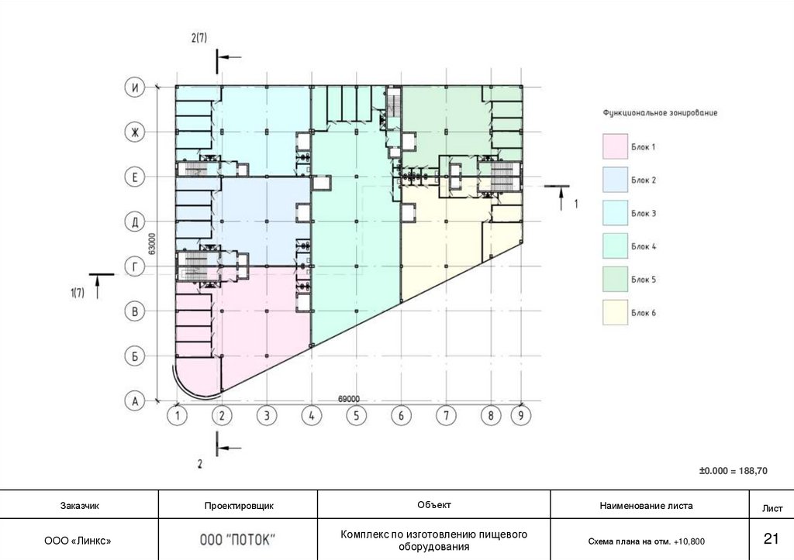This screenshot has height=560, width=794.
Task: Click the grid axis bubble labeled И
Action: (135, 88)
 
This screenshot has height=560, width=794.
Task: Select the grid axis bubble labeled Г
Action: (135, 267)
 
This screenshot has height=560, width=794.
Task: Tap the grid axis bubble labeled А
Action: (135, 401)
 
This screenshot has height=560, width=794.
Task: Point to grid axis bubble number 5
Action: (356, 416)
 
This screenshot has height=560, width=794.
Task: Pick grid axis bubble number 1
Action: (178, 416)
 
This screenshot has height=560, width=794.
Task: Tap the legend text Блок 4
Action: (644, 246)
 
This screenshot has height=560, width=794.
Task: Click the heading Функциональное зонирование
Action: (660, 113)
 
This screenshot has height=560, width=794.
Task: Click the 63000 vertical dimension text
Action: (153, 243)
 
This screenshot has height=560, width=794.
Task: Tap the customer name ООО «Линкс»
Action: (80, 539)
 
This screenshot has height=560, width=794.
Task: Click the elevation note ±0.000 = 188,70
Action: (733, 470)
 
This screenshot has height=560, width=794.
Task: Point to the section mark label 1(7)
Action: (77, 292)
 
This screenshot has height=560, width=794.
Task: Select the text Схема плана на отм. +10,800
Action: (647, 540)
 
